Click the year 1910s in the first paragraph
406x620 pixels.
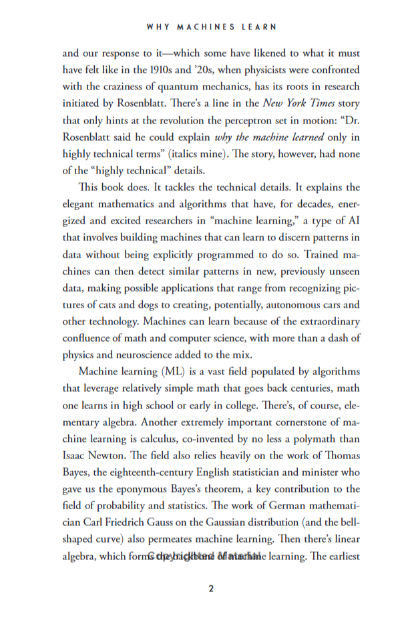click(x=200, y=69)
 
